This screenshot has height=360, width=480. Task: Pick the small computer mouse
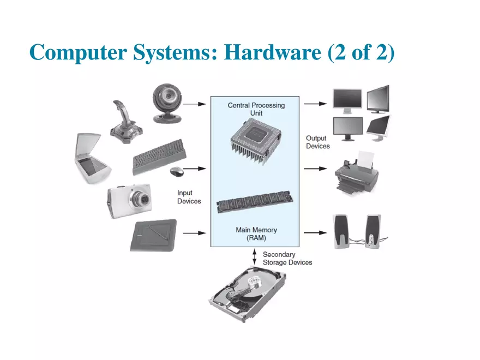[177, 172]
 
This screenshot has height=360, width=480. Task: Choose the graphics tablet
[153, 235]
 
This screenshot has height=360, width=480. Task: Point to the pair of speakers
[357, 231]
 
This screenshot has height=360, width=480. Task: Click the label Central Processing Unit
[256, 109]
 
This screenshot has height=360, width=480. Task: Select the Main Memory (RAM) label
[256, 234]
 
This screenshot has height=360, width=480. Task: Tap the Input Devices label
[189, 197]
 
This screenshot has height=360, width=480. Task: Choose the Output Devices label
[317, 142]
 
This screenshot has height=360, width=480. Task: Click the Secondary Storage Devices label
[287, 259]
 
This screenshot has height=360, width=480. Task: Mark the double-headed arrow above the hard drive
[255, 257]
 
